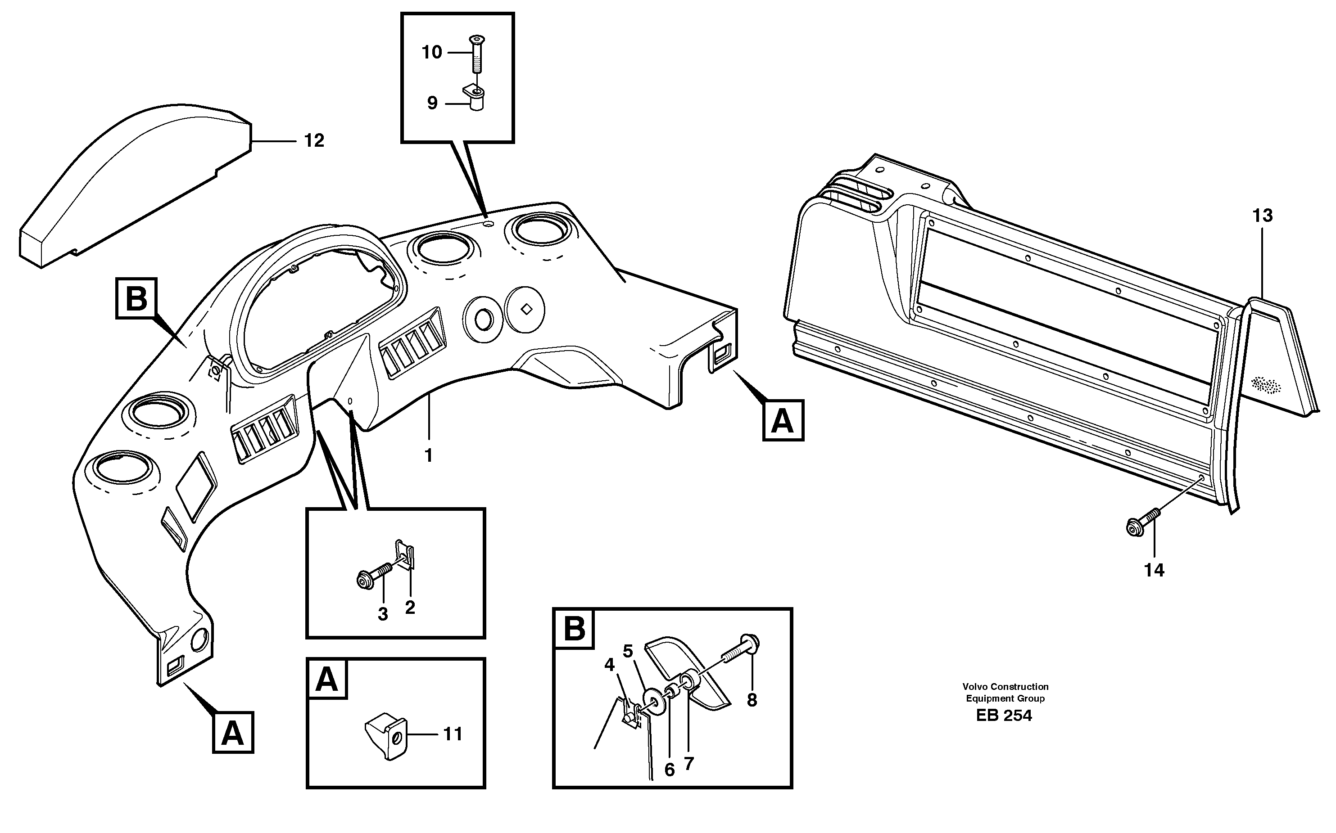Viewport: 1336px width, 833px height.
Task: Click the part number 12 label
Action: [314, 141]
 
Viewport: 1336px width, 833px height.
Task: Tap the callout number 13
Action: [1262, 216]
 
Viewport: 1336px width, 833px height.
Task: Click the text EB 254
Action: [1004, 716]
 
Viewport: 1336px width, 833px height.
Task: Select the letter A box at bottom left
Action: [233, 733]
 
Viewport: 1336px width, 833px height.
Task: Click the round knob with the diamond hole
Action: [525, 309]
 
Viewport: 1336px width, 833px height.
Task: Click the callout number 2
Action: [409, 608]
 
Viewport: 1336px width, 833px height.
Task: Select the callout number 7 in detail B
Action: [688, 764]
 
